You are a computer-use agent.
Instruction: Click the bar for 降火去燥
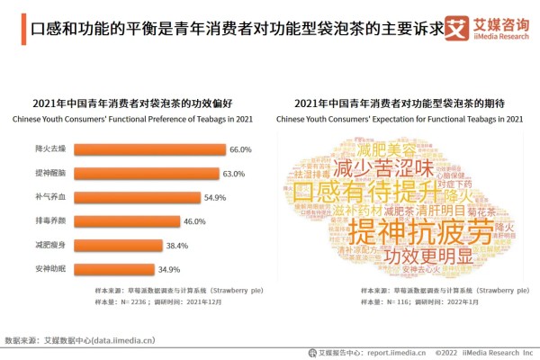pos(149,149)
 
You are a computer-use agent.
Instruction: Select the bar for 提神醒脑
pos(146,173)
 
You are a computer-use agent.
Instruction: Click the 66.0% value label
pos(240,149)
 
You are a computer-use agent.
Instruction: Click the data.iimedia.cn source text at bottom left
pos(80,340)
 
